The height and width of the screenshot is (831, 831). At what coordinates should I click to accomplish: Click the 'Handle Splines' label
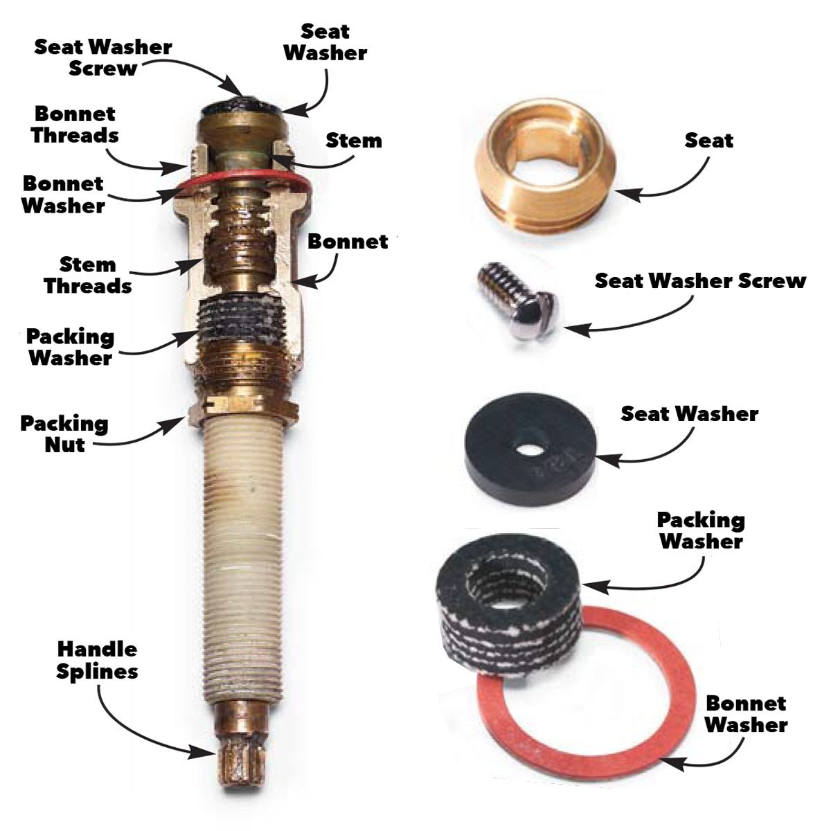[97, 660]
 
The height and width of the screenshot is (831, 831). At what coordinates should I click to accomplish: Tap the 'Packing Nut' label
[64, 434]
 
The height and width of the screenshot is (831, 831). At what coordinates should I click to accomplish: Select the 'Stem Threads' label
[88, 275]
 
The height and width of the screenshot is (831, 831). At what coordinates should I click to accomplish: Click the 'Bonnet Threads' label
[75, 124]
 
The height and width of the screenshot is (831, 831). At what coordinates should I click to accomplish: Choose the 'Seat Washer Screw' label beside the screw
[700, 281]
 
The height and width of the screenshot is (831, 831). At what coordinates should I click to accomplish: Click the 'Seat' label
[708, 141]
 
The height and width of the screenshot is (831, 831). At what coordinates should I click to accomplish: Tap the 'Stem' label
[353, 141]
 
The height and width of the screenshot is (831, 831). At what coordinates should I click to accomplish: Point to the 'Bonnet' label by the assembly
[348, 242]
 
